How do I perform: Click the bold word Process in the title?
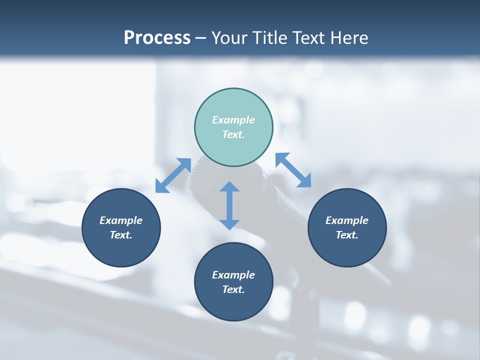tap(157, 38)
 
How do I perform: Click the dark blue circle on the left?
tap(121, 227)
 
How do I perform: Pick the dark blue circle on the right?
tap(347, 227)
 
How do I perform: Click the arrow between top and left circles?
tap(173, 175)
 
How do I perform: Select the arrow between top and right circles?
tap(293, 170)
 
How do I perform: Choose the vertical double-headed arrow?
tap(229, 205)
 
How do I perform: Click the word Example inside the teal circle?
tap(233, 120)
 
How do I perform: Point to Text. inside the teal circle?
tap(233, 134)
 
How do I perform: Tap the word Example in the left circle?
tap(121, 220)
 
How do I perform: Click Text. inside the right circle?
tap(347, 235)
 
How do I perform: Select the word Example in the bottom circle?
tap(233, 275)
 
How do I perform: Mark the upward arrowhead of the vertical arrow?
tap(229, 186)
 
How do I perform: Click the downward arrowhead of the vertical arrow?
tap(229, 224)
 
